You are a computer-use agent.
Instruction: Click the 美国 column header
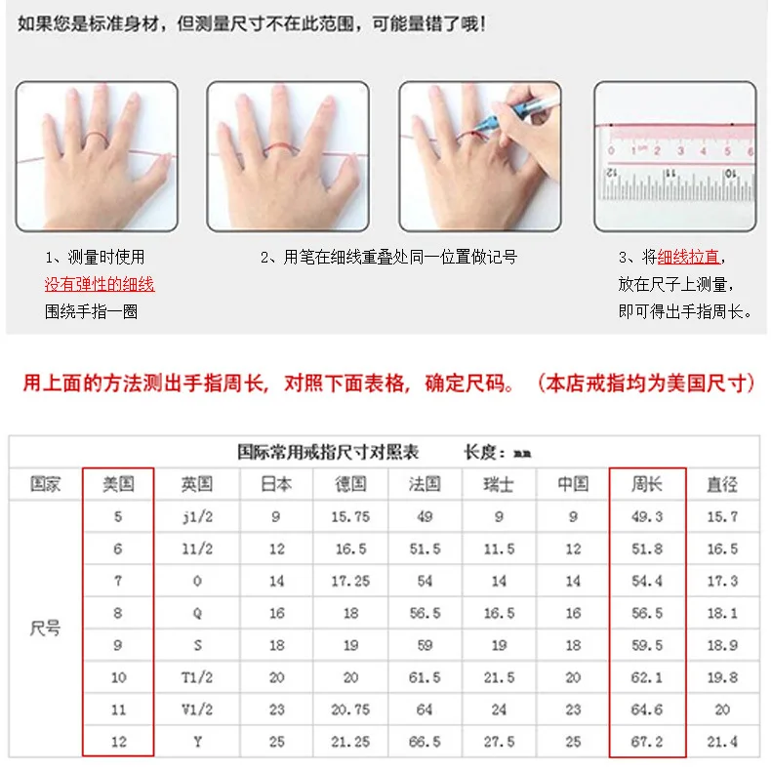pos(118,484)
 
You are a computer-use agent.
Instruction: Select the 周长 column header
pos(647,484)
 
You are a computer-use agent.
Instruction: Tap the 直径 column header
pos(722,484)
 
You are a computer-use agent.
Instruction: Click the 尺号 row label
pos(46,629)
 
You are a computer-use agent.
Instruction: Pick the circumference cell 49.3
pos(647,517)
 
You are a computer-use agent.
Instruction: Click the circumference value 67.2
pos(647,742)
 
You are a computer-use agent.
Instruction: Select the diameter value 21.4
pos(722,742)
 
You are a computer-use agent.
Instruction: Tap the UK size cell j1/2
pos(197,517)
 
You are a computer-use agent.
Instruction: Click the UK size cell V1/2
pos(197,710)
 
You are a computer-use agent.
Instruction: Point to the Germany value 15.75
pos(350,517)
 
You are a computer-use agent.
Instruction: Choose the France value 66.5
pos(425,742)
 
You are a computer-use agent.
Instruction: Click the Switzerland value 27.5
pos(499,742)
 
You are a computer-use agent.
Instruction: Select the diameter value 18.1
pos(722,614)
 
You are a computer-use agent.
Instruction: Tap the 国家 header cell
pos(46,484)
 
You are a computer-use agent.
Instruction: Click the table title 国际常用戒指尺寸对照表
pos(328,452)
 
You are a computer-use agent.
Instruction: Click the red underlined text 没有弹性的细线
pos(100,285)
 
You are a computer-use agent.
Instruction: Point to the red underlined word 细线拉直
pos(688,258)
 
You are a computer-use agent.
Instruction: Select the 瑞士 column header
pos(499,484)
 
